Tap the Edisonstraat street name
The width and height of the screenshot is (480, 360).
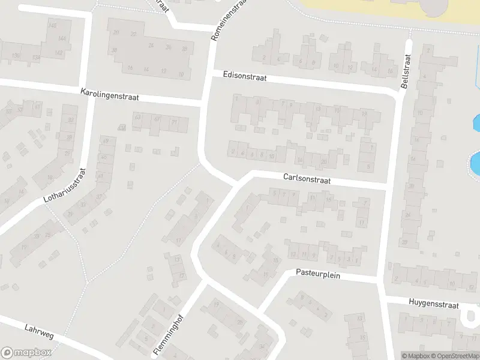[244, 77]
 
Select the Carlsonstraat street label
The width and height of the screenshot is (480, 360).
[307, 179]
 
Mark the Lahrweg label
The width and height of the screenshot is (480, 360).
[40, 331]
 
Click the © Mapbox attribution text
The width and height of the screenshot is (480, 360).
[416, 356]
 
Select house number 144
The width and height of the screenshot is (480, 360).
[62, 38]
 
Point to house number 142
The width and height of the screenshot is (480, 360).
[58, 53]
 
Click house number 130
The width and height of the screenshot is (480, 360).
[17, 56]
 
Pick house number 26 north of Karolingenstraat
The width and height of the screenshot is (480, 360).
[169, 47]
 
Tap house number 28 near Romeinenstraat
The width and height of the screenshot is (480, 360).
[185, 49]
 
